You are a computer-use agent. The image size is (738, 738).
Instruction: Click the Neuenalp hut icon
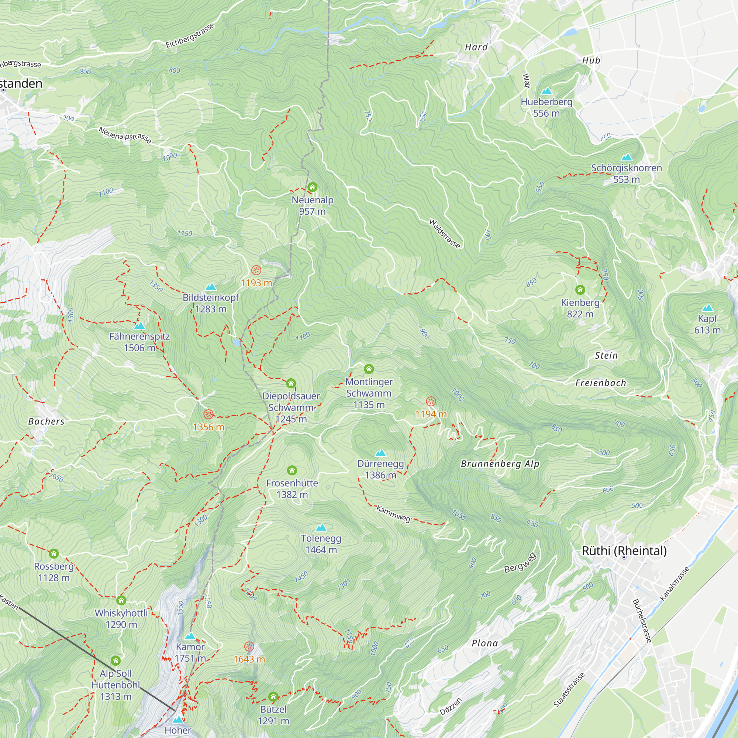(312, 187)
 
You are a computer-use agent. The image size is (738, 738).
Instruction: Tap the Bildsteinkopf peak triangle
(210, 287)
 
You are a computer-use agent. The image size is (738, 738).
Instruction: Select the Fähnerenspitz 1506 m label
(139, 342)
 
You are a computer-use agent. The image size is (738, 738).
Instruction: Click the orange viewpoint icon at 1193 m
(256, 270)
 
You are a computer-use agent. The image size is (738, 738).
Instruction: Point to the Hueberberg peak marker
(546, 91)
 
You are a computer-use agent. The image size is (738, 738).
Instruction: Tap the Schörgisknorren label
(626, 168)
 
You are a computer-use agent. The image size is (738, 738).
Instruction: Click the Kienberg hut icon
(580, 290)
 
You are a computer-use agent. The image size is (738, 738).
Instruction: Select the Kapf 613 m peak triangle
(707, 308)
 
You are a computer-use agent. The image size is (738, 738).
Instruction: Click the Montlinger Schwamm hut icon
(369, 369)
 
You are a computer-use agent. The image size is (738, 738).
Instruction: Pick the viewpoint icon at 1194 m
(431, 401)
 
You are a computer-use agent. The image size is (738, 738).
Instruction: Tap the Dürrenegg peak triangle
(380, 453)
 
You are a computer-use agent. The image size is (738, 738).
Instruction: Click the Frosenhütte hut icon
(292, 470)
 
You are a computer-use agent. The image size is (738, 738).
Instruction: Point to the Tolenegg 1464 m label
(321, 544)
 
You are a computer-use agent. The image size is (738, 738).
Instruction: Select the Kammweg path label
(393, 514)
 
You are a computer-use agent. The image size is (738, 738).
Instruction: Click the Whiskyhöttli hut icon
(121, 600)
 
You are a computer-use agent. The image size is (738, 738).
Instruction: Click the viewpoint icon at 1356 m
(208, 414)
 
